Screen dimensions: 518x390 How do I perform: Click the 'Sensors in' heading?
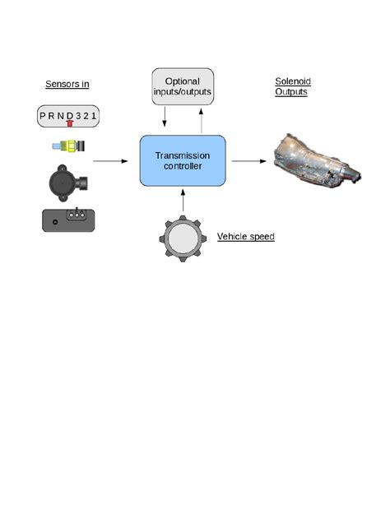67,84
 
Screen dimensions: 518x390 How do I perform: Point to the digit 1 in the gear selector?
95,115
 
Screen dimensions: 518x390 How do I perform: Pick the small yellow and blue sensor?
68,147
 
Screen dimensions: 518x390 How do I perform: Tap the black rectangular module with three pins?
70,220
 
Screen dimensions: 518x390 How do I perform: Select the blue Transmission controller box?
183,160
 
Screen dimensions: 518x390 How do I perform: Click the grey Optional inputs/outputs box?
183,86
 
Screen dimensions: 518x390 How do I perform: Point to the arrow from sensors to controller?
110,161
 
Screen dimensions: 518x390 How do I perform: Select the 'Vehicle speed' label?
245,237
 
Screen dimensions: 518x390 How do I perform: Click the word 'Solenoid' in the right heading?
292,81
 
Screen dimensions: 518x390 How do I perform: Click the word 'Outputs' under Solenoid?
290,92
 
